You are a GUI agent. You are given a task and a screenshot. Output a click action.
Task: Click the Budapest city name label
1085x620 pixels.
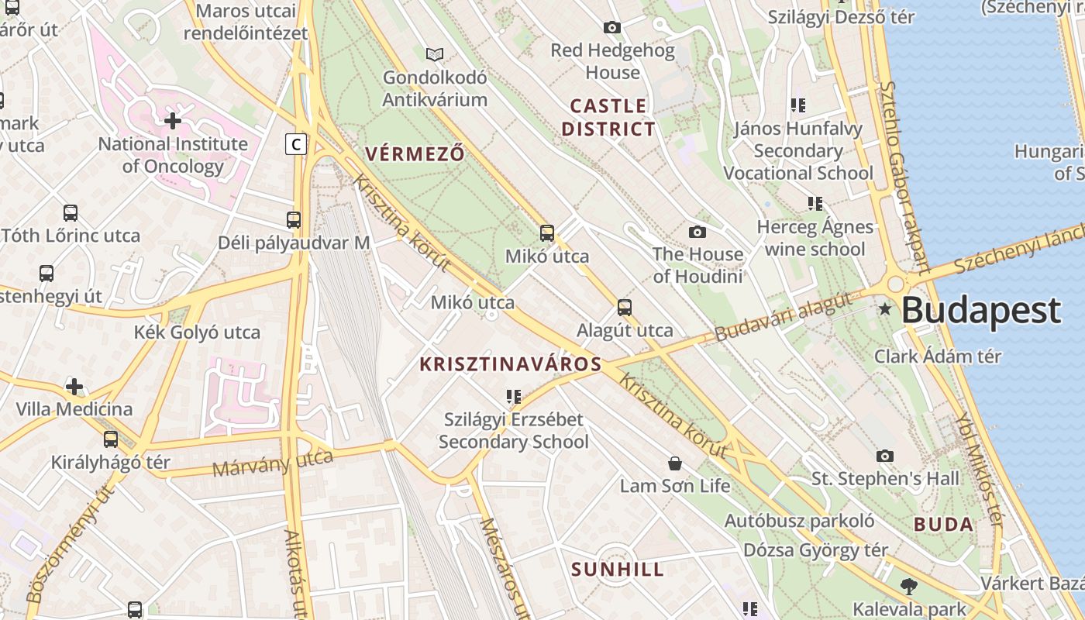point(980,311)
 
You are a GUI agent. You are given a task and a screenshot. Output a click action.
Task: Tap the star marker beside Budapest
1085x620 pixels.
point(885,309)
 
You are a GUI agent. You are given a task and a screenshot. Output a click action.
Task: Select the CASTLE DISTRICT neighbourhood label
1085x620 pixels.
point(608,117)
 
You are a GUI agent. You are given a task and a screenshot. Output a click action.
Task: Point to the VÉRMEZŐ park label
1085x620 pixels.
point(415,153)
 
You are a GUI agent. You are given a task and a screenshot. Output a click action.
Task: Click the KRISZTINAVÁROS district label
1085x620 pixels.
point(511,364)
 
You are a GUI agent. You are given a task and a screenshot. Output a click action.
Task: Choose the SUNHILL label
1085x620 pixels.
point(618,570)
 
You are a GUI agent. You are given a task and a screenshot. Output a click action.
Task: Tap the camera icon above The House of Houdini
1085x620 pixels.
point(697,232)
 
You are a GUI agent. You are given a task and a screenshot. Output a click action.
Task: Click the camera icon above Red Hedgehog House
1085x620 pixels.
point(612,28)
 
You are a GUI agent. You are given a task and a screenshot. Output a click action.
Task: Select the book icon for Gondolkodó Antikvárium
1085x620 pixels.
point(435,54)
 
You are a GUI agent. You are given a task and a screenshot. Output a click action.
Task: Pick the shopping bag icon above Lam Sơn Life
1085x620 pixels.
point(675,463)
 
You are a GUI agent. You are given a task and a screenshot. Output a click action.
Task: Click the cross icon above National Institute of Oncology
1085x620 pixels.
point(173,121)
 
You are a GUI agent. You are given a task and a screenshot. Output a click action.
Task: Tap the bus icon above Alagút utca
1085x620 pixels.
point(625,308)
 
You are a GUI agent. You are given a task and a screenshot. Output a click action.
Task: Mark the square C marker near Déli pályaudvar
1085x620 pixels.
point(295,144)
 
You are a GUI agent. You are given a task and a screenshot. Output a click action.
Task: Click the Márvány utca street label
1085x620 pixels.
point(272,463)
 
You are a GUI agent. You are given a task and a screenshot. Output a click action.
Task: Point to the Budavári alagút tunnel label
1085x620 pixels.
point(783,318)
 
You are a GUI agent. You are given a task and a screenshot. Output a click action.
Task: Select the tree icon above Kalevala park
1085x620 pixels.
point(909,587)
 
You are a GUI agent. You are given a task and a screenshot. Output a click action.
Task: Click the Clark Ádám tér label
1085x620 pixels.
point(938,356)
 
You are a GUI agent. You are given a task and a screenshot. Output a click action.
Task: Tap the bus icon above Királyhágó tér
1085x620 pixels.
point(111,439)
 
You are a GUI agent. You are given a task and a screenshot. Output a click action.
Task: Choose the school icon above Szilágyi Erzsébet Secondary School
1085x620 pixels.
point(513,397)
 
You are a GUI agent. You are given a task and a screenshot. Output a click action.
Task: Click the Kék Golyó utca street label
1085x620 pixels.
point(197,332)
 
